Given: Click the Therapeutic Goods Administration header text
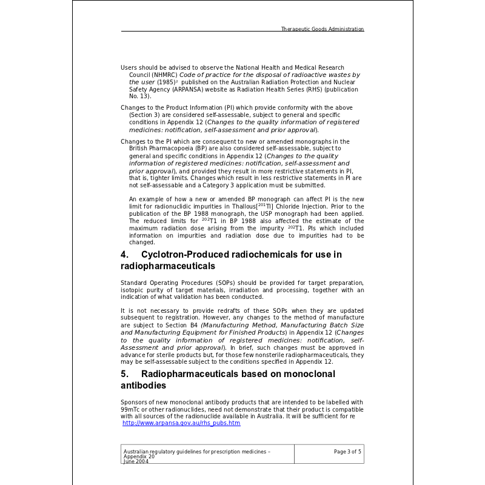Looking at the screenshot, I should click(x=323, y=29).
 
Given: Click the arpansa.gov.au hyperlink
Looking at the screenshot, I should click(x=181, y=423).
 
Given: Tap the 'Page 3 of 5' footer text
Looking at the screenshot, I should click(x=347, y=452).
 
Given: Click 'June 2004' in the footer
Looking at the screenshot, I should click(x=136, y=461).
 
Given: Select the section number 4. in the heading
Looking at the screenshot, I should click(x=124, y=255).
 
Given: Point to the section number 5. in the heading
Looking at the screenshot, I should click(x=124, y=374).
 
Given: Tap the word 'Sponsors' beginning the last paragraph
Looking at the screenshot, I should click(x=134, y=402).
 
